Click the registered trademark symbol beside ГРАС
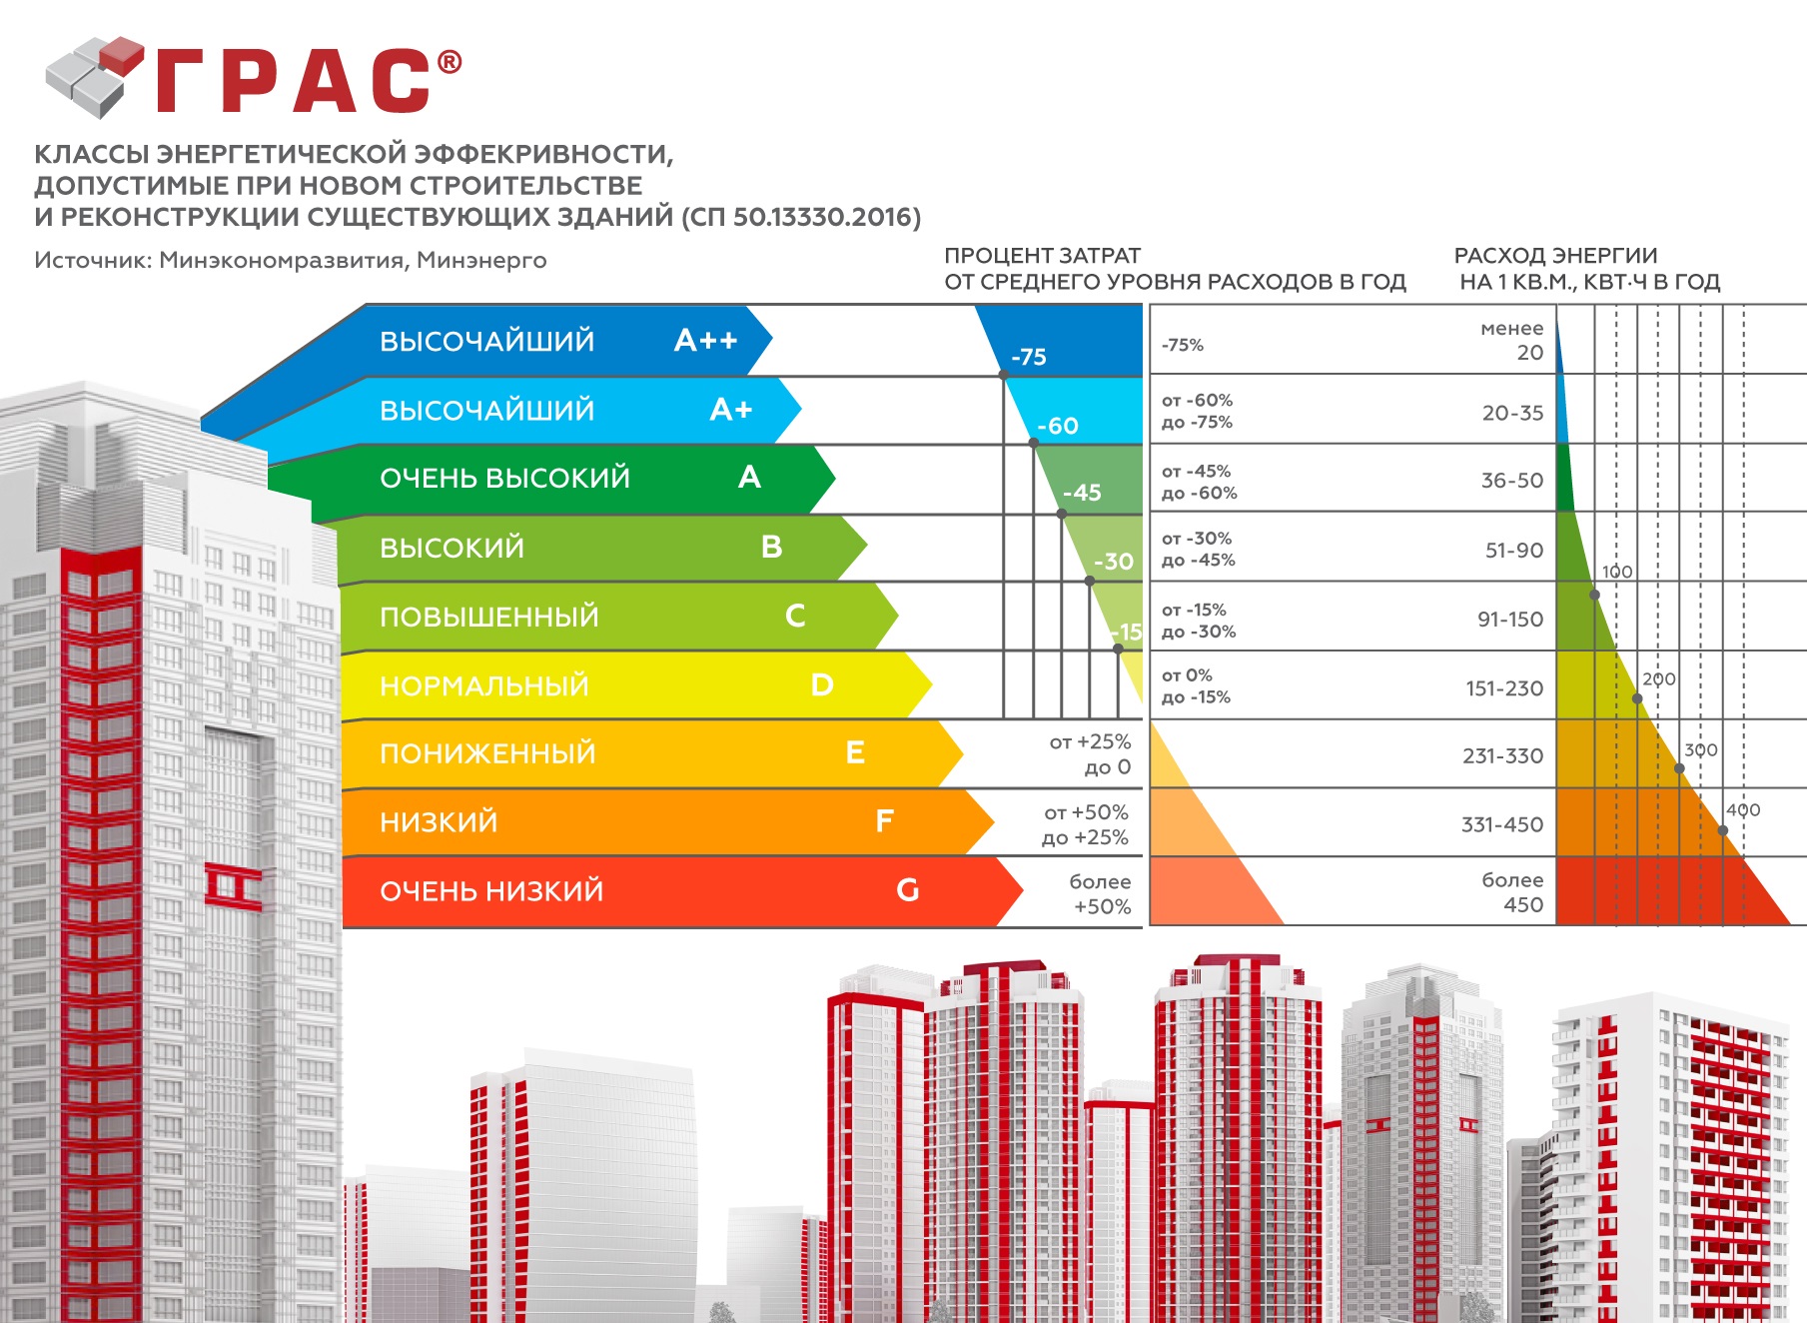(450, 62)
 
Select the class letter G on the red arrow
(907, 889)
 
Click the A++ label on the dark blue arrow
(705, 341)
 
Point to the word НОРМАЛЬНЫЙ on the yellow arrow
(484, 685)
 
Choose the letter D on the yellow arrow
(821, 685)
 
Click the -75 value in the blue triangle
(1028, 357)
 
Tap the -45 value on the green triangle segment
(1082, 493)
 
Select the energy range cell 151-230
(1503, 688)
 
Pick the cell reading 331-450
(1501, 824)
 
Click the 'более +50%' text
(1101, 894)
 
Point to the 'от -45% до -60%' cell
(1199, 482)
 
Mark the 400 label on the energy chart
(1743, 810)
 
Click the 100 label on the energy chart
(1617, 572)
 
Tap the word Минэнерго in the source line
(481, 261)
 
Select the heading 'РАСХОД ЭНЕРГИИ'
(1555, 256)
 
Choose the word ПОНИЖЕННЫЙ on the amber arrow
(487, 753)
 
